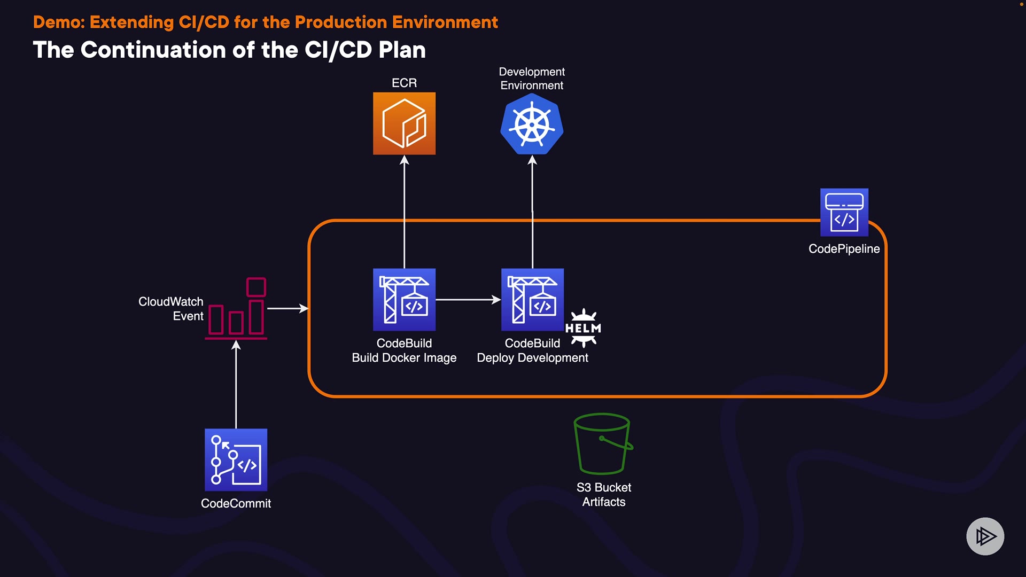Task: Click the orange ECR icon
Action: (x=404, y=123)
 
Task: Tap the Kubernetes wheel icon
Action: (x=532, y=124)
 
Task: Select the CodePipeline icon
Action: (x=844, y=212)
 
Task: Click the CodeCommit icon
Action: (x=236, y=460)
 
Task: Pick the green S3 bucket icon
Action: (x=603, y=443)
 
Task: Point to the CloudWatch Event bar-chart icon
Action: (x=236, y=309)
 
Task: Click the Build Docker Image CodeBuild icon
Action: (x=404, y=300)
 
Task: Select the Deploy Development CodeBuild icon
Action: (x=532, y=300)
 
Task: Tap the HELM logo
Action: (x=583, y=328)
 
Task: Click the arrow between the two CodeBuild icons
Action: (x=468, y=300)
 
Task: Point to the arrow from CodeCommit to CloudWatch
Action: (x=236, y=385)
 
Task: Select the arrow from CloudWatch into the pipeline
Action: (x=287, y=308)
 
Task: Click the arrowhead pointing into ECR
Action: (x=405, y=160)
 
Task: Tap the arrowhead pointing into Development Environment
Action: (x=532, y=160)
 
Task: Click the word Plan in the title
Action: (x=402, y=50)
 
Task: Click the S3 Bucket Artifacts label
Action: (x=604, y=495)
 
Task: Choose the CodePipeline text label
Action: (x=844, y=249)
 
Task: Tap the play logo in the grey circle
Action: (x=985, y=536)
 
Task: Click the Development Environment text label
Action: (x=532, y=79)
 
